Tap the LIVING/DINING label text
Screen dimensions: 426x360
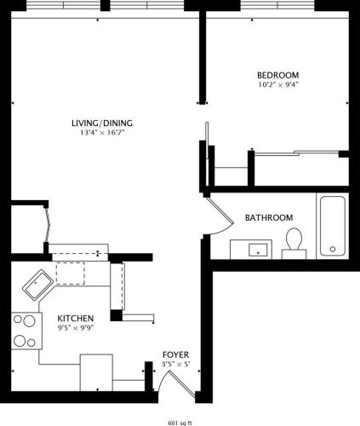[102, 123]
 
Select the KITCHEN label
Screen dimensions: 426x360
[76, 318]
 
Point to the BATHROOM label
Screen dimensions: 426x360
[269, 217]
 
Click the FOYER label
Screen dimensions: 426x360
[176, 354]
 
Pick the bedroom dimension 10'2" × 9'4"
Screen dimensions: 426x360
[278, 84]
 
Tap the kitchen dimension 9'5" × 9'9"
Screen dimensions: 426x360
[76, 328]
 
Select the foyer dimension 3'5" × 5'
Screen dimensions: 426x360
[176, 365]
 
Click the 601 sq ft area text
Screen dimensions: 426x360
[180, 422]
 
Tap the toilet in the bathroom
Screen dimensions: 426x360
[294, 242]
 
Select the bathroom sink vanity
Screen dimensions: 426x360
[256, 249]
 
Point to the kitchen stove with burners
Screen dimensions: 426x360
[26, 332]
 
